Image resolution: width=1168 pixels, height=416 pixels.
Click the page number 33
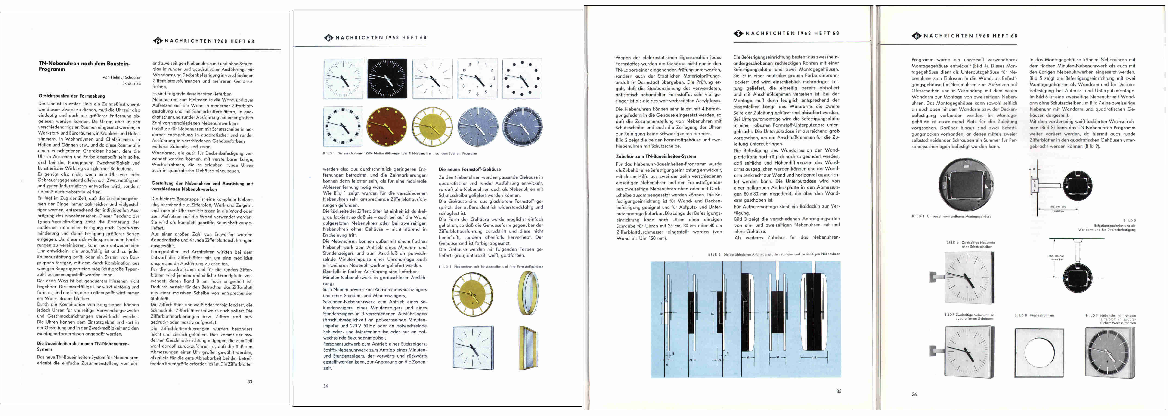(x=249, y=382)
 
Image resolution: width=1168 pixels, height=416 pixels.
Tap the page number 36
(x=914, y=394)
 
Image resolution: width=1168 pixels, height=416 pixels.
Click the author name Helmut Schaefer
(x=121, y=77)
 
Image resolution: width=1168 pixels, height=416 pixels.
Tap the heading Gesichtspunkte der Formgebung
(x=72, y=96)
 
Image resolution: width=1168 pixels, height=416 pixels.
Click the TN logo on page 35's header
(x=738, y=34)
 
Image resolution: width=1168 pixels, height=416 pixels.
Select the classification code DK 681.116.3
(x=131, y=84)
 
